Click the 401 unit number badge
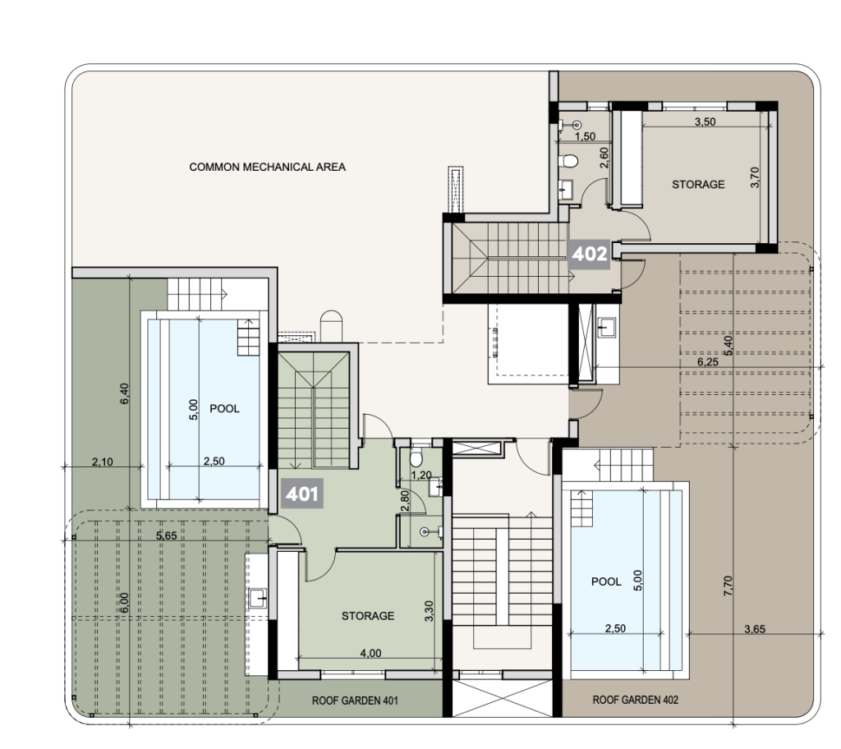tap(302, 493)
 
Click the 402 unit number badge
tap(589, 254)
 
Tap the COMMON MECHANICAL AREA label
tap(267, 167)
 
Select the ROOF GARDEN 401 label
tap(355, 701)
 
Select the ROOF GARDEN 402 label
tap(635, 700)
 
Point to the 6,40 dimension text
tap(125, 393)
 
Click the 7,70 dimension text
tap(728, 586)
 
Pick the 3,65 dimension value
tap(755, 629)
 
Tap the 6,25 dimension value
tap(707, 361)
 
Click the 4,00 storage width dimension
tap(370, 653)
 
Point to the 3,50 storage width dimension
tap(705, 122)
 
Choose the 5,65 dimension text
tap(166, 535)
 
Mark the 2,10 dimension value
tap(102, 462)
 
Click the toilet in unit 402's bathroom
tap(568, 161)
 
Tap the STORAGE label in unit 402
tap(698, 185)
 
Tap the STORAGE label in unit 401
tap(368, 616)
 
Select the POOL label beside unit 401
tap(224, 409)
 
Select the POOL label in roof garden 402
tap(606, 581)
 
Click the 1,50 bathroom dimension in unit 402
tap(585, 136)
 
